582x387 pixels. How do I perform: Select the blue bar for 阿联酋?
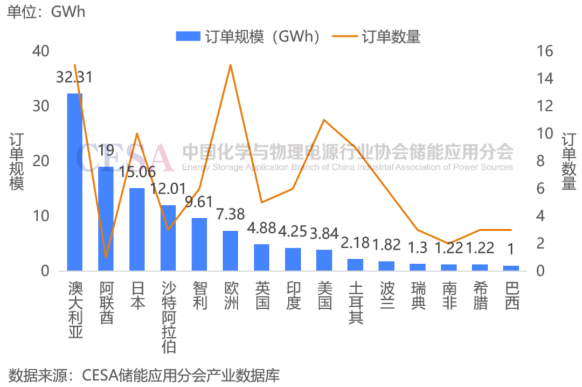[106, 218]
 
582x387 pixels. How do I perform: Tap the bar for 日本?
[137, 229]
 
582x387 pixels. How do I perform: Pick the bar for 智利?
[199, 244]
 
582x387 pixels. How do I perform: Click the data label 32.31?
[74, 77]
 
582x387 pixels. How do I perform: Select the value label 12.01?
[168, 189]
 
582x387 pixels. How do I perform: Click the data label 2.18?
[356, 243]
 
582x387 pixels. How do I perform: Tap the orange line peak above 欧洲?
[231, 65]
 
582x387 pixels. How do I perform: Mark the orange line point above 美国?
[324, 120]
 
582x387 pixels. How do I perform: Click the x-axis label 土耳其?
[356, 303]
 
